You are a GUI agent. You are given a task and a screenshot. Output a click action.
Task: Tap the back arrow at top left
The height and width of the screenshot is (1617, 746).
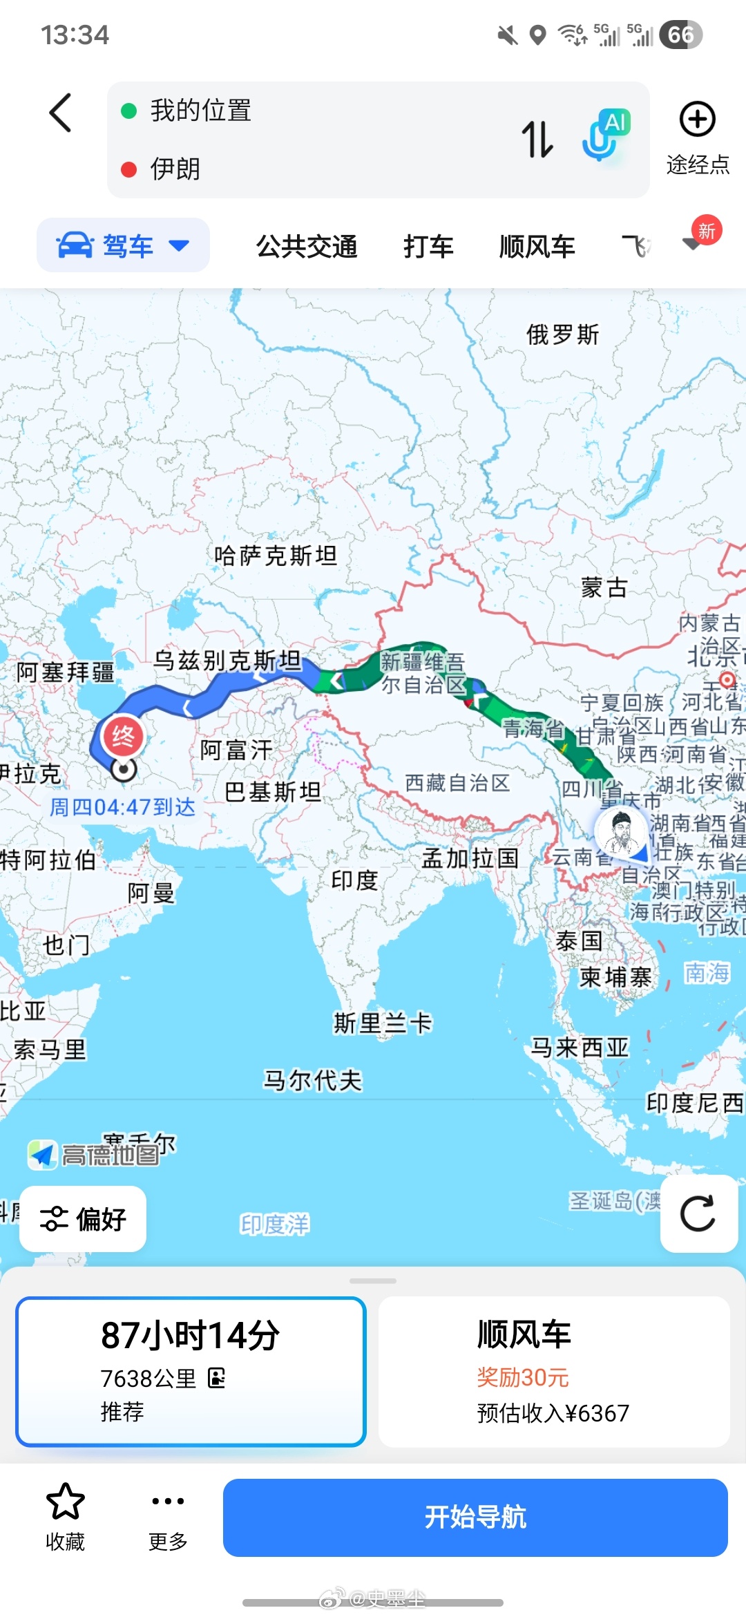[x=61, y=113]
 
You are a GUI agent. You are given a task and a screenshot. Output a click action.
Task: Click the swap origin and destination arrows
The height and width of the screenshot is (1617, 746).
[x=537, y=139]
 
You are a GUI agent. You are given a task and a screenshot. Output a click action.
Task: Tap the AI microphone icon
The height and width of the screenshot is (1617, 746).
[x=605, y=135]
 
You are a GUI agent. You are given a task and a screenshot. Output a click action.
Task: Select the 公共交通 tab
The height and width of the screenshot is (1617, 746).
[x=307, y=247]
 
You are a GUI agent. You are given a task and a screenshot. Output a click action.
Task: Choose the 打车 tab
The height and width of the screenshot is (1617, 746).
[x=428, y=247]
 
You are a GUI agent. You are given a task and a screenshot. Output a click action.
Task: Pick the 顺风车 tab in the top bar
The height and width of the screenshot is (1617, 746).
[x=537, y=247]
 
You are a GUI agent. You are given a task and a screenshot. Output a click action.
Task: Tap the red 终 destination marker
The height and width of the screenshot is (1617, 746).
[x=123, y=737]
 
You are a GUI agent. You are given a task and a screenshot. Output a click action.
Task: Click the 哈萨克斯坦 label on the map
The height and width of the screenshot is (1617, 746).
[x=276, y=555]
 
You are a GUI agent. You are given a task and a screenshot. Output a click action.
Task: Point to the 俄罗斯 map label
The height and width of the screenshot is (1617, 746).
[x=562, y=334]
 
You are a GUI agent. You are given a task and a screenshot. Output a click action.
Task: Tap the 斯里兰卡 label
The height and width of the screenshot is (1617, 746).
[x=383, y=1023]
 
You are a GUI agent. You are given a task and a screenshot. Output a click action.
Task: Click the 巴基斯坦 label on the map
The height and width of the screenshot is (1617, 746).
[x=273, y=792]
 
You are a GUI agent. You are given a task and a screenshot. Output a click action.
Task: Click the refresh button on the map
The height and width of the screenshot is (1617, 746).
[x=698, y=1214]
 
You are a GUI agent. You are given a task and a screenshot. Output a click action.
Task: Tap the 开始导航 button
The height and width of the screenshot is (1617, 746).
[x=475, y=1517]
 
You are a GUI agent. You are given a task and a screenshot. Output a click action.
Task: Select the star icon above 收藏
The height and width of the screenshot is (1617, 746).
[x=65, y=1502]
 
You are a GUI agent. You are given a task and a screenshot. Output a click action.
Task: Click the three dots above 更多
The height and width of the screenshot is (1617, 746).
[x=168, y=1501]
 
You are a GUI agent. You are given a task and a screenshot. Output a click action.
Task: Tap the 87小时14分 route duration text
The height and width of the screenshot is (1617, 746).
[x=191, y=1335]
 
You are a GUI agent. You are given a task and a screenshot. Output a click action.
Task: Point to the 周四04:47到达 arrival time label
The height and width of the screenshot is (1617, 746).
[x=123, y=807]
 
